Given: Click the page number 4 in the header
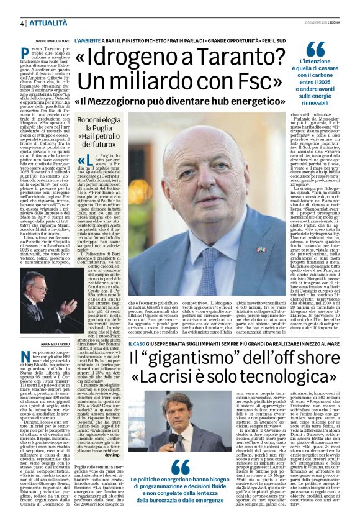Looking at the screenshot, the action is point(22,23).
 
